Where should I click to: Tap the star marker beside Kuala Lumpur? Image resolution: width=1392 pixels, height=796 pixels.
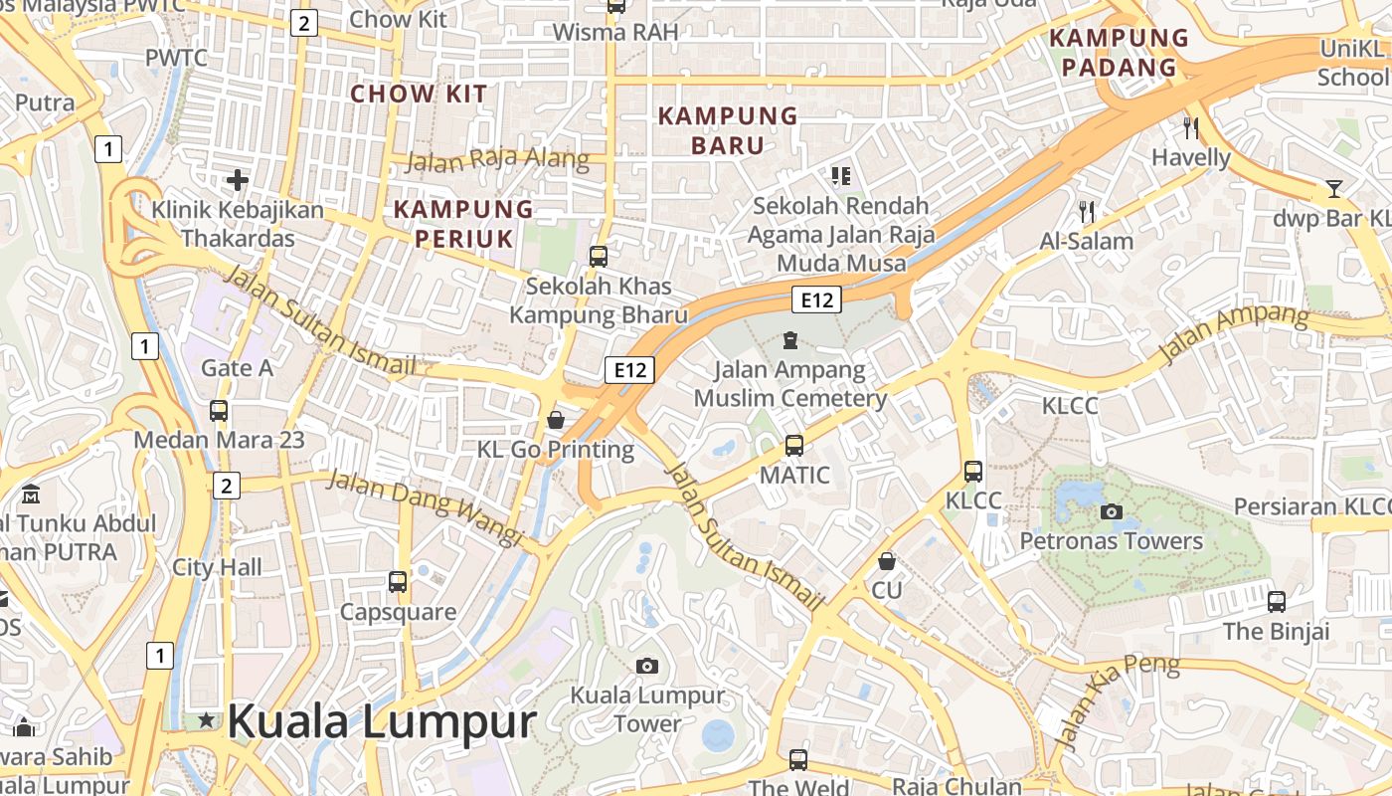pos(206,719)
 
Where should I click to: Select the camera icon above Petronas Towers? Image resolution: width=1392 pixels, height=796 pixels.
pos(1112,512)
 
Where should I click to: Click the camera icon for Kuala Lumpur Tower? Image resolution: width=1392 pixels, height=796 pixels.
pos(647,666)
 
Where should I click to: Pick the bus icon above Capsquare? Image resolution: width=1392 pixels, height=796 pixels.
pos(398,582)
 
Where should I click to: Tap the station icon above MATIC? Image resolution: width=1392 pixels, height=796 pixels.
pos(793,446)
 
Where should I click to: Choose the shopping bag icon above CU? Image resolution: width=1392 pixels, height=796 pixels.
pos(887,562)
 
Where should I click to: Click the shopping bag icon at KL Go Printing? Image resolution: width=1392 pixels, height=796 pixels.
pos(556,421)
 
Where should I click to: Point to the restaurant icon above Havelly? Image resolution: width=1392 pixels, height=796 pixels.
pos(1191,127)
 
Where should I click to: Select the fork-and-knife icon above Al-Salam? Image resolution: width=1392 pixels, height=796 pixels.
pos(1087,211)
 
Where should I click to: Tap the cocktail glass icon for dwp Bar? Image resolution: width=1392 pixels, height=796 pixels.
pos(1333,188)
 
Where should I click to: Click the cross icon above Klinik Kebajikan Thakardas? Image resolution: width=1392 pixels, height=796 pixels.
pos(237,180)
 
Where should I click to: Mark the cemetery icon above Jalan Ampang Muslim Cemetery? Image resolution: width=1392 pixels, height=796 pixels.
pos(790,340)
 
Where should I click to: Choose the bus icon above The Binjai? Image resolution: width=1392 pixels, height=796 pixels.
pos(1277,602)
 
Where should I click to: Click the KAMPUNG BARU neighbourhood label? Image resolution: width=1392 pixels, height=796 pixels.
pos(728,130)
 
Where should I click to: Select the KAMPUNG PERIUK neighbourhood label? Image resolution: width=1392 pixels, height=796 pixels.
pos(463,224)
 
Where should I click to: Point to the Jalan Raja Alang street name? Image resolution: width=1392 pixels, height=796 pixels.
pos(497,160)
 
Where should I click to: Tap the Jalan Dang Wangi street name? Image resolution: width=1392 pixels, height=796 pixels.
pos(425,507)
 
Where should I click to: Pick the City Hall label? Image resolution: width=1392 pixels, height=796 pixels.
pos(217,567)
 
